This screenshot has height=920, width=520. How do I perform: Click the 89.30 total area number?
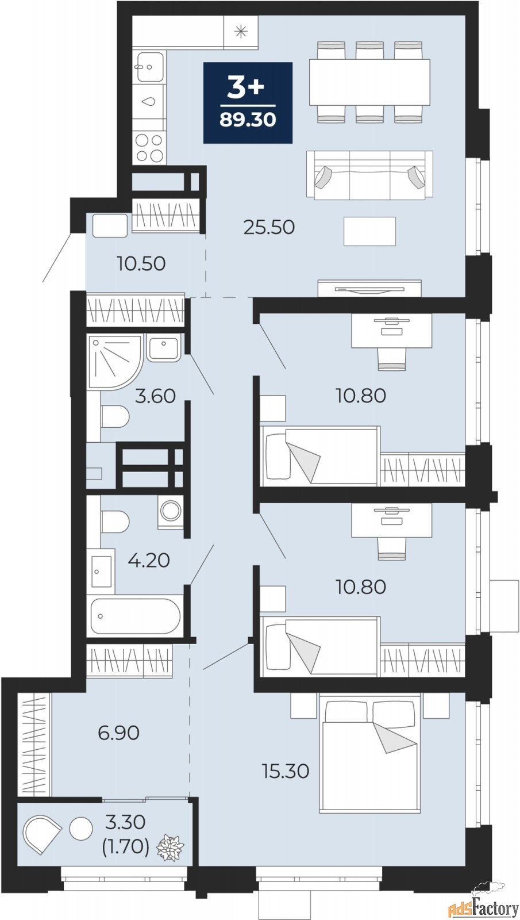tap(248, 119)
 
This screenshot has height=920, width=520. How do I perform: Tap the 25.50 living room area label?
tap(269, 227)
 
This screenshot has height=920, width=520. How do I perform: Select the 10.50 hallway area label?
tap(141, 264)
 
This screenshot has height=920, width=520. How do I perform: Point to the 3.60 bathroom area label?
tap(155, 396)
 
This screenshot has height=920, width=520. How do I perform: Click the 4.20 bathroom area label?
tap(149, 559)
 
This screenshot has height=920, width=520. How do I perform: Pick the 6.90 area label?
tap(119, 733)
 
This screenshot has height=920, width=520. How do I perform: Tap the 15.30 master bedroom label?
tap(286, 770)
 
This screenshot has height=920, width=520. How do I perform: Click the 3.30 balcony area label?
tap(125, 822)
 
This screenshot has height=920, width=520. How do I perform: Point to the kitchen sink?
tap(149, 66)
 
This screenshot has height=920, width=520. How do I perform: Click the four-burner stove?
tap(149, 147)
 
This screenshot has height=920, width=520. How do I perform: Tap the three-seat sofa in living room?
tap(369, 174)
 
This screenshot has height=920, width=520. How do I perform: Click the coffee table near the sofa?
tap(369, 231)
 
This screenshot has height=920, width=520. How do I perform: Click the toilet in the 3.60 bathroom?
tap(114, 417)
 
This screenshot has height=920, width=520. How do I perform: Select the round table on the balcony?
tap(80, 829)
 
